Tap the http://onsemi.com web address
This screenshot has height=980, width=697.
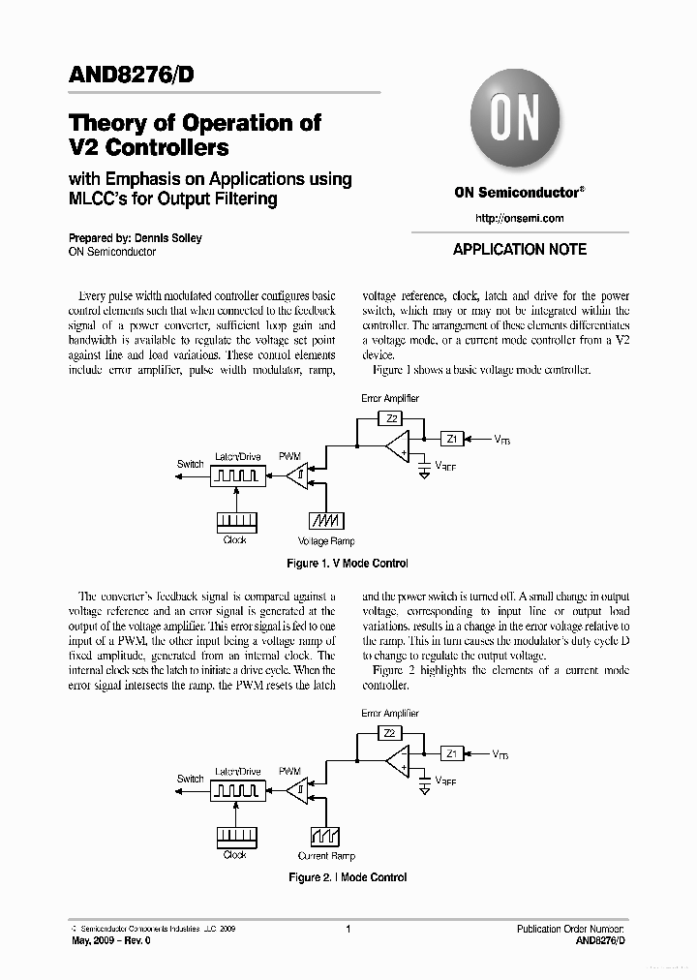tap(520, 218)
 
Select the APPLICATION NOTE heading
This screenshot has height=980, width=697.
tap(520, 249)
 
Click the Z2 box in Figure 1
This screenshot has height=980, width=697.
tap(391, 418)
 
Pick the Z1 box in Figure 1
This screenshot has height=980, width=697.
tap(452, 439)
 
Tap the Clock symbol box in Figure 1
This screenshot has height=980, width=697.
tap(236, 521)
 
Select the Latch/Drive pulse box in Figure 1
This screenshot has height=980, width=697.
tap(236, 475)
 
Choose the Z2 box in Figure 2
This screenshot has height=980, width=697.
tap(391, 733)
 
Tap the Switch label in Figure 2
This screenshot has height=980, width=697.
tap(191, 779)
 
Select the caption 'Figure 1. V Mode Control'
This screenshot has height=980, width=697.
tap(348, 564)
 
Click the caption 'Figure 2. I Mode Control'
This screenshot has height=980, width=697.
tap(348, 877)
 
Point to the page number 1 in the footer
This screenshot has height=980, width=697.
tap(348, 929)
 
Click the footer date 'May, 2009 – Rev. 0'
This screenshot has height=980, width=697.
tap(111, 940)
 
